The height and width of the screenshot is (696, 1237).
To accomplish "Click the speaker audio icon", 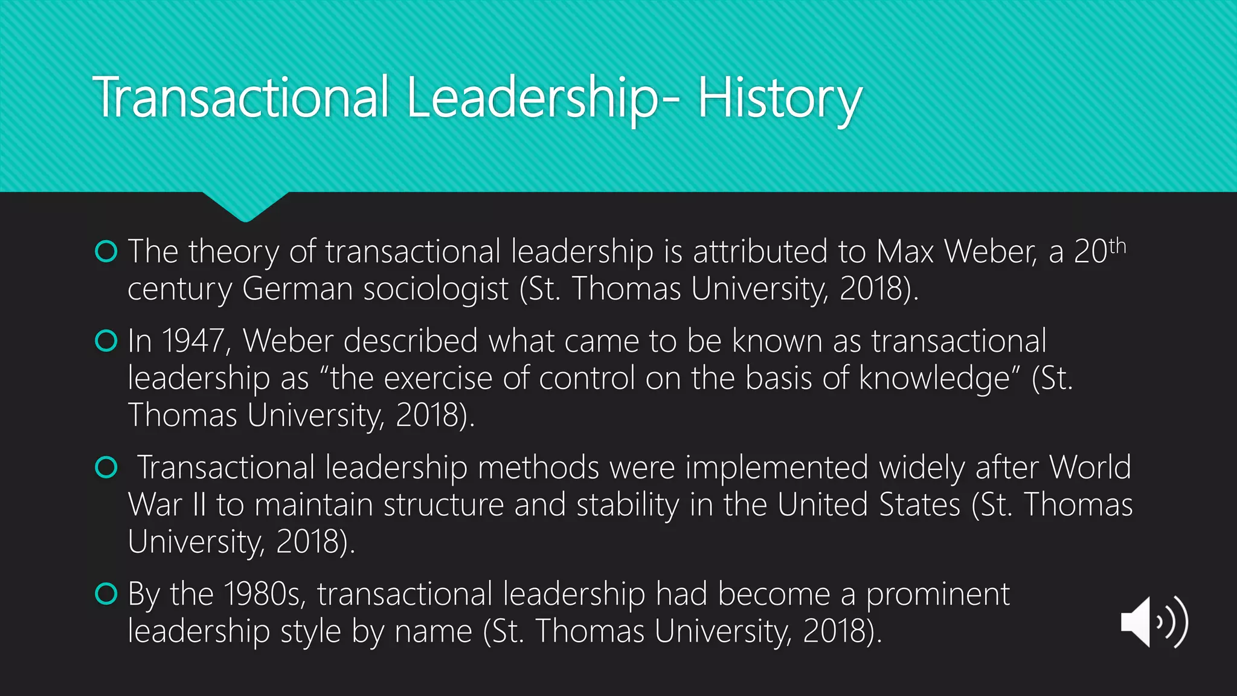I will click(1154, 622).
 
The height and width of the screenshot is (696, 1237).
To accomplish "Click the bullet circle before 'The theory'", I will click(106, 251).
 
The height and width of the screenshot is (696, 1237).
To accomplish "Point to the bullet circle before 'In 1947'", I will click(106, 341).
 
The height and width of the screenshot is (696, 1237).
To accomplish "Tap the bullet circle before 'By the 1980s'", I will click(106, 594).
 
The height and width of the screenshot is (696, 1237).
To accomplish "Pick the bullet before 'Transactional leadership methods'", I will click(106, 467).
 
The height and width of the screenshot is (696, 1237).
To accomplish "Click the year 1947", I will click(193, 341).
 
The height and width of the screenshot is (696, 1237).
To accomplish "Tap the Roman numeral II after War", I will click(199, 504).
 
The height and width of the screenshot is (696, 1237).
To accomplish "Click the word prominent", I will click(937, 594).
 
